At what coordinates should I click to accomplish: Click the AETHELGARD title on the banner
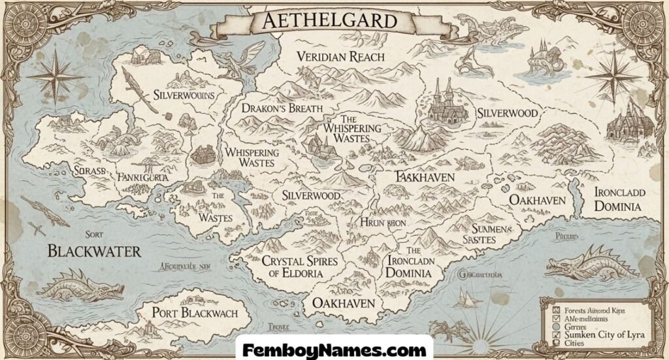(330, 21)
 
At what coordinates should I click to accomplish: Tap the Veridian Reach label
(340, 56)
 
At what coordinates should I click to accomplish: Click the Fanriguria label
(142, 176)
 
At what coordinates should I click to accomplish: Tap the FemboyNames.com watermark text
(334, 348)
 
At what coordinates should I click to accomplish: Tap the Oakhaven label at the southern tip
(343, 303)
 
